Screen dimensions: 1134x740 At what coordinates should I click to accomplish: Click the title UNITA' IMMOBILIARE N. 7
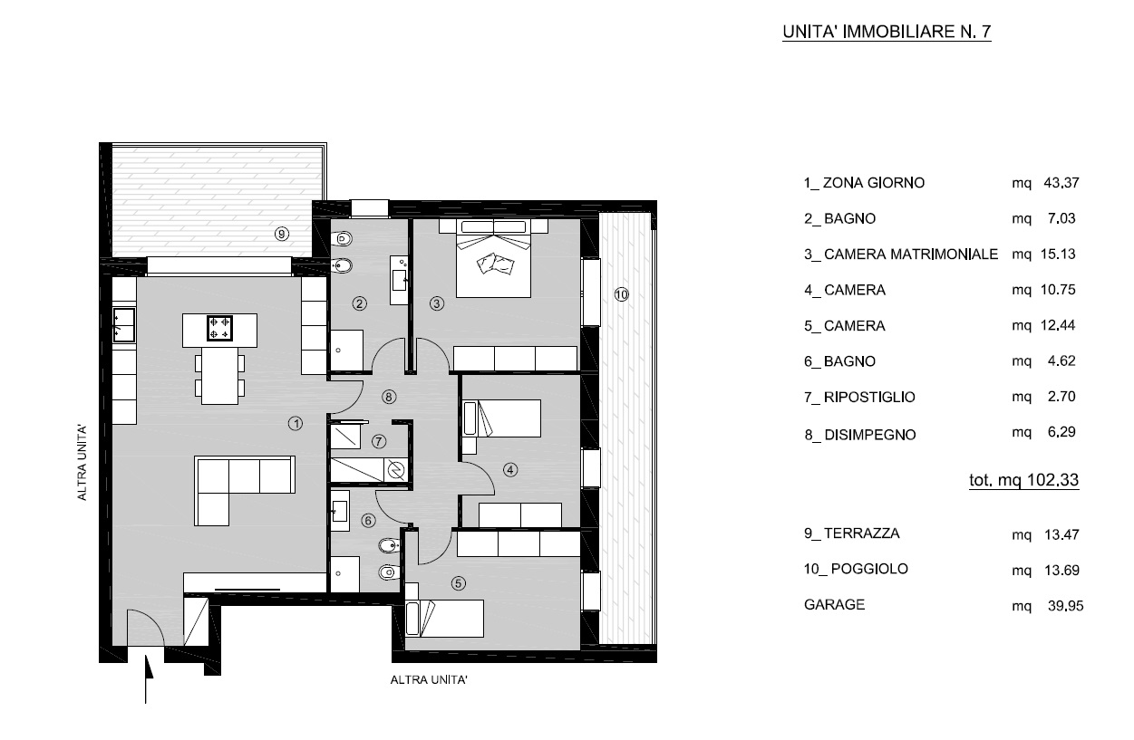pos(887,32)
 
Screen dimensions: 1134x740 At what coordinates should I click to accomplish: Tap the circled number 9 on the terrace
pos(282,234)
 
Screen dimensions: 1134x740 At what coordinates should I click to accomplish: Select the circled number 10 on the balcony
pos(621,293)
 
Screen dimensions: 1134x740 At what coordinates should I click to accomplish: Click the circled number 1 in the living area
pos(296,423)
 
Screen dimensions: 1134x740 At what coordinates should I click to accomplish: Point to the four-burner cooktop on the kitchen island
pos(219,328)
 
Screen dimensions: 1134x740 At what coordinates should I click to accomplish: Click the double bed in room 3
pos(494,258)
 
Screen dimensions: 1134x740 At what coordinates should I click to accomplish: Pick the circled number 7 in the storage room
pos(379,442)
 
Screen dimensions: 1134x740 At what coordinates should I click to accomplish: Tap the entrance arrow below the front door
pos(148,678)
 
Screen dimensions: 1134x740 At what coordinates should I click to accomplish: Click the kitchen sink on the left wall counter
pos(123,325)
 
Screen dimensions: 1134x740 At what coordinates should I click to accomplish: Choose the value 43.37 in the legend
pos(1061,183)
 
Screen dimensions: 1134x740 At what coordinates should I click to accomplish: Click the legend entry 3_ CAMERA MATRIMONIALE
pos(901,254)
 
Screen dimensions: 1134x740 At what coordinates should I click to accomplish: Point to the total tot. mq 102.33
pos(1023,479)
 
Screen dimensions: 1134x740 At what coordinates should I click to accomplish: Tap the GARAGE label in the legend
pos(834,604)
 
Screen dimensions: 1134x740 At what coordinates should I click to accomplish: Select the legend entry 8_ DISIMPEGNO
pos(860,435)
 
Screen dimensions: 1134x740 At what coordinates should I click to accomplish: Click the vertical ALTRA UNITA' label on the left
pos(82,463)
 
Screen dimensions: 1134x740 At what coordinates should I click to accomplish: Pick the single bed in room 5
pos(444,618)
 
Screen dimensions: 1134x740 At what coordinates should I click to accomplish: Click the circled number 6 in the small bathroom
pos(368,521)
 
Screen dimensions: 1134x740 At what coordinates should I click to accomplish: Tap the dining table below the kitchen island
pos(219,376)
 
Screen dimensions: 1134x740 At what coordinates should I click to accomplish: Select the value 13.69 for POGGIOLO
pos(1062,570)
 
